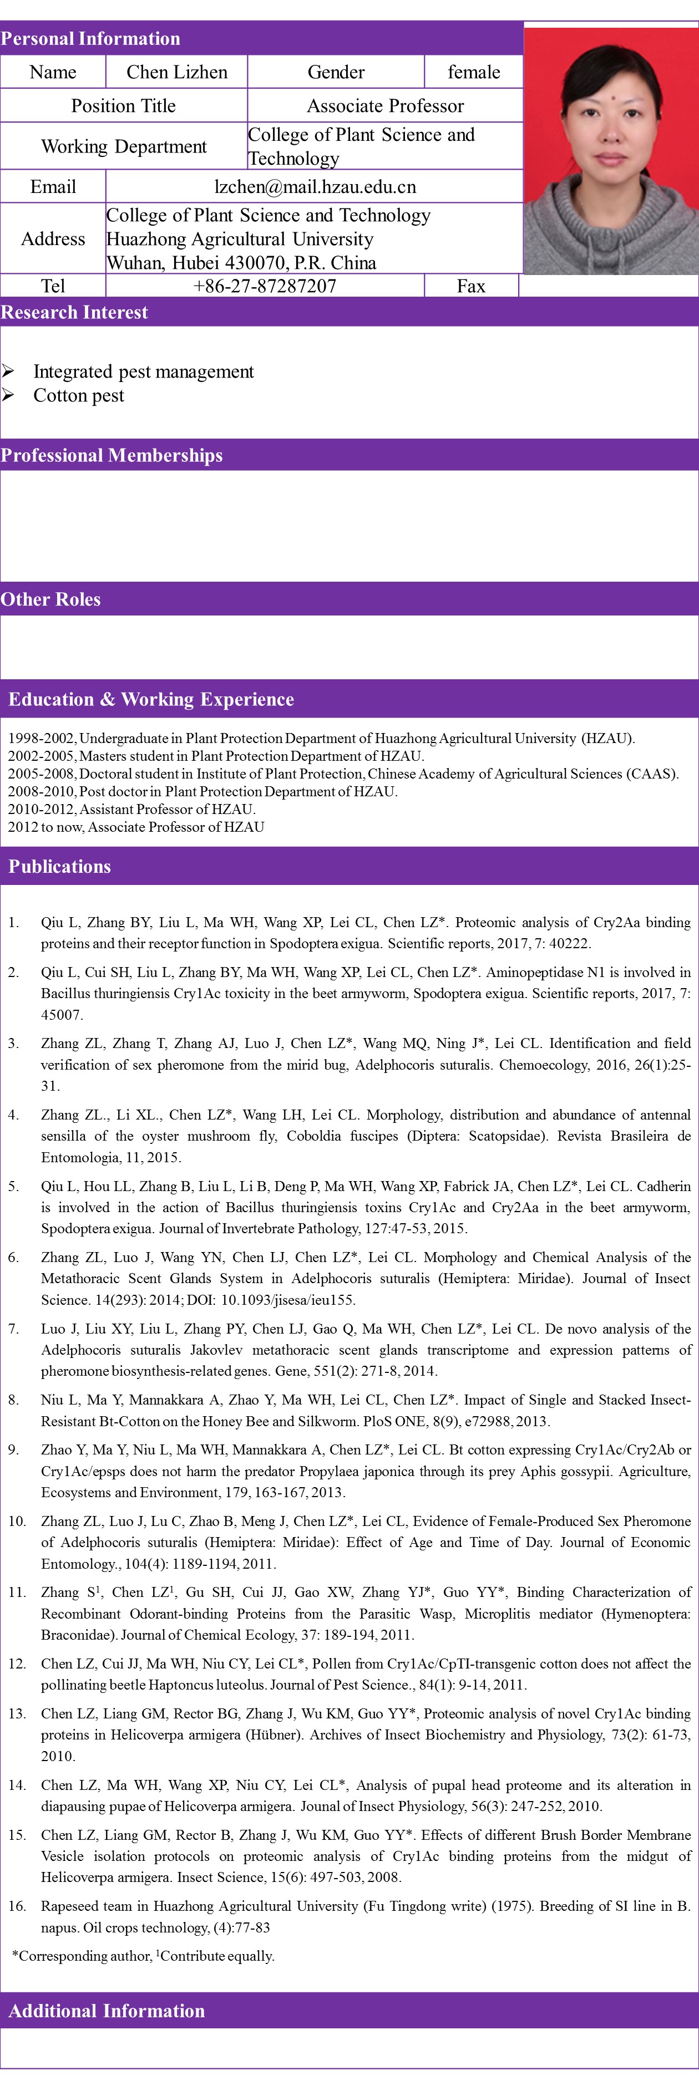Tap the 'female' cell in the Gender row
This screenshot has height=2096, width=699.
(474, 73)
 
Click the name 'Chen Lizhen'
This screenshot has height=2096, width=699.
(176, 73)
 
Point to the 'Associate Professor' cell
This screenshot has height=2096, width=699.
(385, 106)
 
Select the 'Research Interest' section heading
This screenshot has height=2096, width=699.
(74, 312)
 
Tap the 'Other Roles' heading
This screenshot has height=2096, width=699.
(50, 599)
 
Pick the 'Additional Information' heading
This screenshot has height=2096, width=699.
(107, 2011)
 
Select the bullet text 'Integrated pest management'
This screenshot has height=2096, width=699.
(143, 372)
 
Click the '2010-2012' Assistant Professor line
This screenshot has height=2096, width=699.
(132, 810)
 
